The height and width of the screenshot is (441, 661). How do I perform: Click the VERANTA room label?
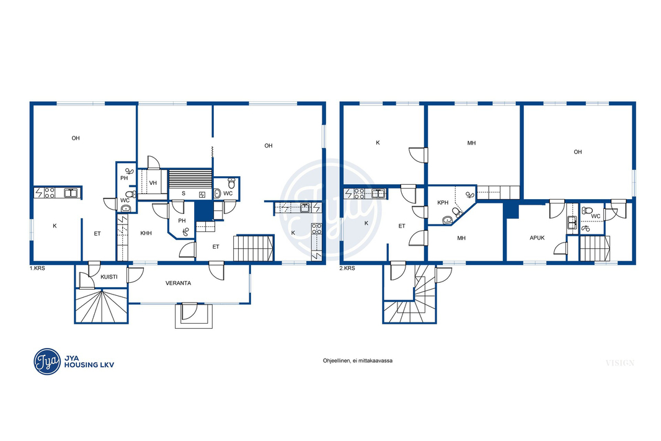(178, 283)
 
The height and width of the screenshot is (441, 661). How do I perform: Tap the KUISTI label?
(109, 277)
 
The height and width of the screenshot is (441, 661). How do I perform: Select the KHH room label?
(146, 233)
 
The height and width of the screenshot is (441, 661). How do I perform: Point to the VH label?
(153, 183)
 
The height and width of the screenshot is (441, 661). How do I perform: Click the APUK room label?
(537, 238)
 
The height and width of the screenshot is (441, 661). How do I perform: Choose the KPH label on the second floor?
(443, 203)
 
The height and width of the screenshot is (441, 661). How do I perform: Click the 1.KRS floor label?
(37, 268)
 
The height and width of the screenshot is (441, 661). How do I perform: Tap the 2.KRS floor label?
(347, 268)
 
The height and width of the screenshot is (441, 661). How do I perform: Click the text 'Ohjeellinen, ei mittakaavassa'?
(358, 361)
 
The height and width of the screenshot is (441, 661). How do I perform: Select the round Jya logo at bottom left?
(47, 362)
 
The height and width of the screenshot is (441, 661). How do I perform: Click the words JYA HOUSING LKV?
(89, 362)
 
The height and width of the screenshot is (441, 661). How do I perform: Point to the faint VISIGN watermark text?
(620, 363)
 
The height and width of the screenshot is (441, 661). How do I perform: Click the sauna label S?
(184, 194)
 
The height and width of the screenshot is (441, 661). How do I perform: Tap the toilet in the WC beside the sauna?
(231, 183)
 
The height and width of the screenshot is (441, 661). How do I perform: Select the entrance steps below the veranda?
(194, 315)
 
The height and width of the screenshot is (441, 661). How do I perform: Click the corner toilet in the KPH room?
(457, 212)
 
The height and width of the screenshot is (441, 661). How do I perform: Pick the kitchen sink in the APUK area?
(572, 222)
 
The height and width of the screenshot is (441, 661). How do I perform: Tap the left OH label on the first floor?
(76, 138)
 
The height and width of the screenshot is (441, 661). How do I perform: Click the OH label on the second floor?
(577, 152)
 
